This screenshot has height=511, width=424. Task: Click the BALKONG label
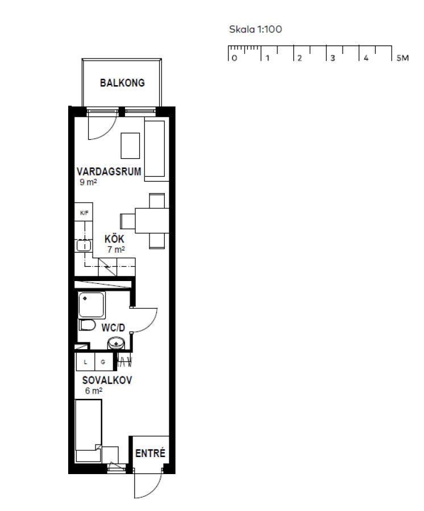[x=122, y=83]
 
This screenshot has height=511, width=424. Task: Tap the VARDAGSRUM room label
[x=109, y=171]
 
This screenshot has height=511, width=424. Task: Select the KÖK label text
[x=114, y=238]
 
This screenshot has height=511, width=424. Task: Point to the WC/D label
[x=113, y=328]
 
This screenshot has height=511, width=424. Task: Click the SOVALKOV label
[x=107, y=380]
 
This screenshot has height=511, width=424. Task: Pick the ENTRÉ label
[x=151, y=453]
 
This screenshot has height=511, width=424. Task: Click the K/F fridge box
[x=84, y=212]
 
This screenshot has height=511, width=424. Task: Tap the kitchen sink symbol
[x=84, y=245]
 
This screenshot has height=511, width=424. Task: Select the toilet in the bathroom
[x=87, y=325]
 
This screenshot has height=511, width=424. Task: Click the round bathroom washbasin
[x=115, y=343]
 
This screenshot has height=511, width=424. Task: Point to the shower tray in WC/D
[x=92, y=305]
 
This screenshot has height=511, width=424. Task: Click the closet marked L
[x=85, y=362]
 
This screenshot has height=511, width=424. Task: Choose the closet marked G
[x=103, y=362]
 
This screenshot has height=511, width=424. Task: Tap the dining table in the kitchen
[x=152, y=221]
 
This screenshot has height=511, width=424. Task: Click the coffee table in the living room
[x=130, y=146]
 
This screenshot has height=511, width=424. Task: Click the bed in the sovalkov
[x=88, y=430]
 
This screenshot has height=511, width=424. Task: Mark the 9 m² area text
[x=88, y=182]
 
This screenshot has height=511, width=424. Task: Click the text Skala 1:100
[x=255, y=30]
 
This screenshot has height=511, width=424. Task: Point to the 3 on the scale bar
[x=332, y=58]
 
